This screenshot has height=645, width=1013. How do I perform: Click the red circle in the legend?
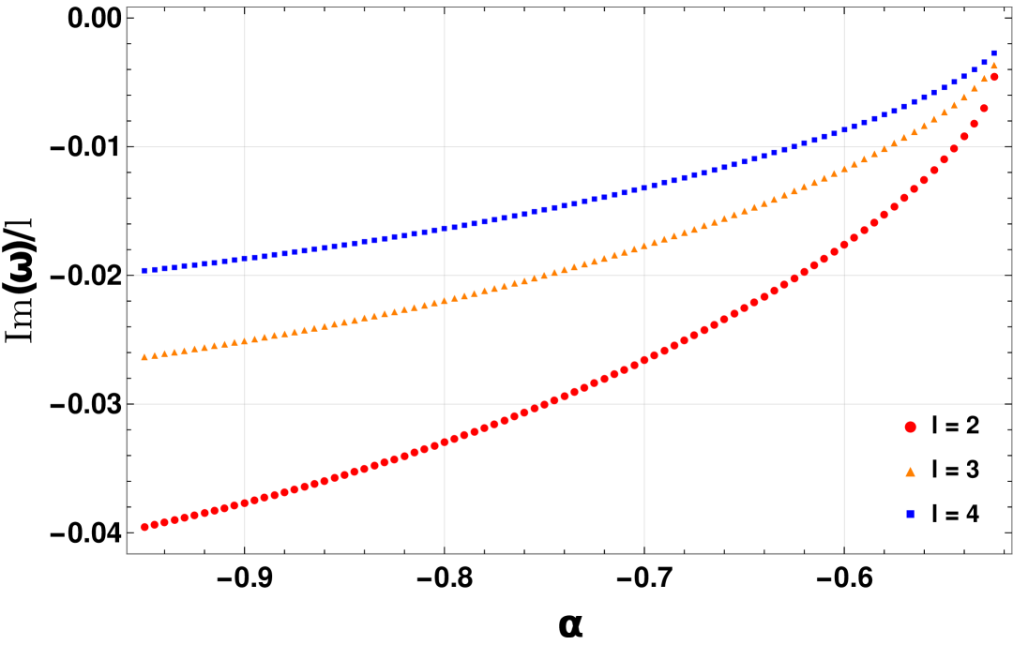point(910,427)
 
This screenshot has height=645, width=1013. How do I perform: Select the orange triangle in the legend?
point(910,472)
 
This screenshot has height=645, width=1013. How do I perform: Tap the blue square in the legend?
point(910,514)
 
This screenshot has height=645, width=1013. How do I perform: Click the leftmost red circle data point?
point(145,527)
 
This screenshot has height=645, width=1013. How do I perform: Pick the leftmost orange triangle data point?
point(144,356)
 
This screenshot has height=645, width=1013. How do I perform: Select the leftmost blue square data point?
point(144,270)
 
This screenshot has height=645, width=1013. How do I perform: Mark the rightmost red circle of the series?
point(993,77)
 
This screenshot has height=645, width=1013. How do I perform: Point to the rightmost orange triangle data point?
point(993,65)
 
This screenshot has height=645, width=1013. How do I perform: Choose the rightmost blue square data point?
point(993,53)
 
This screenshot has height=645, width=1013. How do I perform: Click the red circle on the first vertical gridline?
point(245,502)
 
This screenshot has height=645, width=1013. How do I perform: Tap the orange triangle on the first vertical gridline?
point(245,340)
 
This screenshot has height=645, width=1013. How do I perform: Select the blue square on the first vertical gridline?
point(245,258)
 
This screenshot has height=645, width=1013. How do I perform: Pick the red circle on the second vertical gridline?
point(445,442)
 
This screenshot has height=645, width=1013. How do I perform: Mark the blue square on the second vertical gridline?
point(445,228)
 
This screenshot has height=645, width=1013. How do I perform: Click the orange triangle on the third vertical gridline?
point(644,246)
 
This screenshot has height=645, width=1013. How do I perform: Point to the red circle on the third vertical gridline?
point(644,359)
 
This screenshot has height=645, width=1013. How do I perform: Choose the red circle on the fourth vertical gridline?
point(844,244)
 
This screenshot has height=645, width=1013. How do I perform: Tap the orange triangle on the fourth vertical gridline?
point(844,168)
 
